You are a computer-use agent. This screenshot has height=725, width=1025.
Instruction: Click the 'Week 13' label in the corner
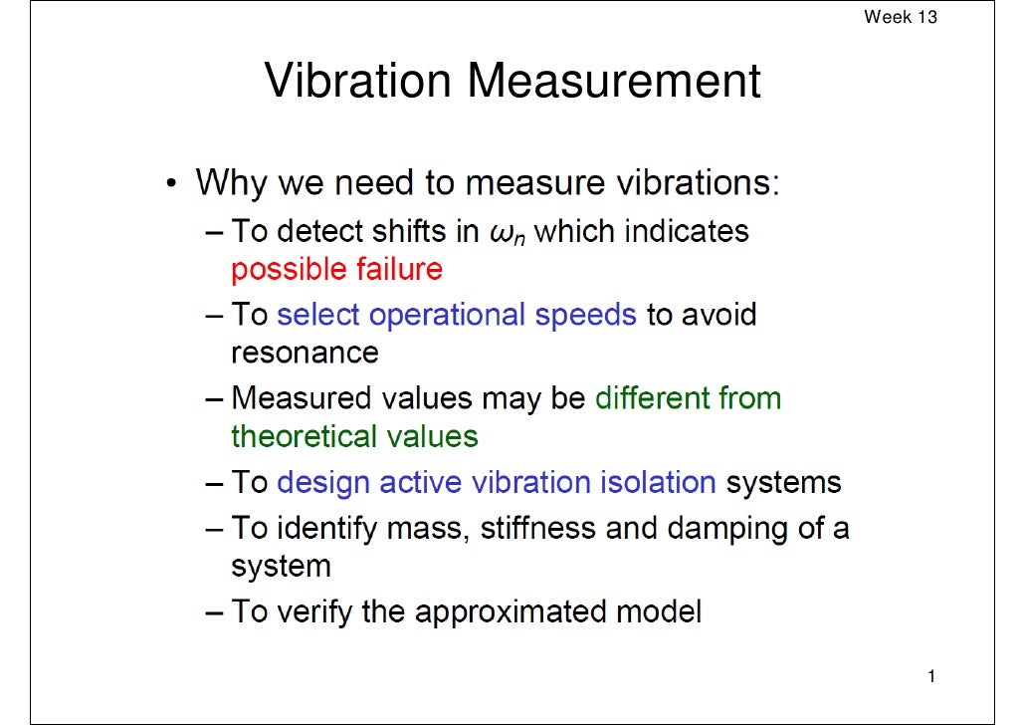pos(900,17)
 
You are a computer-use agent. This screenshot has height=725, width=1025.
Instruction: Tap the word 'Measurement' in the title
pos(614,82)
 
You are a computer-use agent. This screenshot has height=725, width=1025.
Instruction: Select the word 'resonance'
pos(305,353)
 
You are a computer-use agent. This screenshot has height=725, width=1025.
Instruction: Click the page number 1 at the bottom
pos(930,678)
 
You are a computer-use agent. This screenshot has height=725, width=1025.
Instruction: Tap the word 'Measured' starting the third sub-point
pos(302,398)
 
